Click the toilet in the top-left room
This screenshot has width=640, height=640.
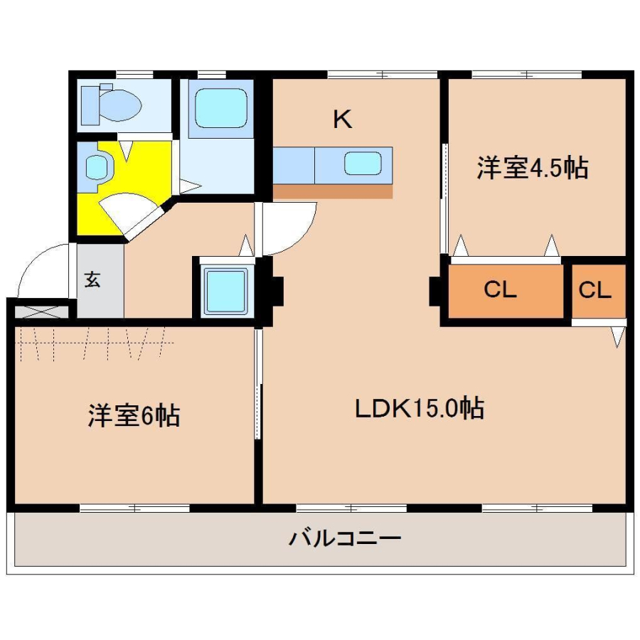[112, 105]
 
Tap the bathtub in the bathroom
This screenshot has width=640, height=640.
[221, 108]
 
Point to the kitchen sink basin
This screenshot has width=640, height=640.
[363, 163]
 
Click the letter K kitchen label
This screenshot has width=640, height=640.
[343, 119]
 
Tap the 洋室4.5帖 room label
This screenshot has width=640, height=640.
[532, 167]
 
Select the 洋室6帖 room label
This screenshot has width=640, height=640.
[134, 415]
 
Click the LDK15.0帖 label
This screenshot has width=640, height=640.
[420, 408]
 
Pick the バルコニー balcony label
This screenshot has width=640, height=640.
[345, 538]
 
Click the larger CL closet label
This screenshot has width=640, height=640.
[500, 289]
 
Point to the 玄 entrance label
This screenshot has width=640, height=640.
[92, 279]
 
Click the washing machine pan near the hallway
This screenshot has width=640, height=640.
[225, 291]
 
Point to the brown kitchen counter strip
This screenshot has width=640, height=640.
[333, 191]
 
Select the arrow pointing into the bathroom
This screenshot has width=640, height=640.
[190, 186]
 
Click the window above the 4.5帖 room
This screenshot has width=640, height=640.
[526, 75]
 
